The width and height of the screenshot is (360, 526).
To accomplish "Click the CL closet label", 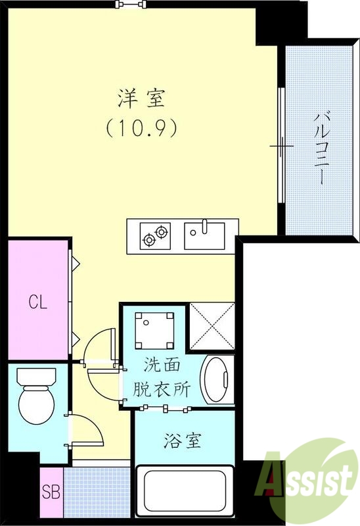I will pos(37,302).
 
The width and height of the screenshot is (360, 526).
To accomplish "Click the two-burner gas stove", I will pos(155,235).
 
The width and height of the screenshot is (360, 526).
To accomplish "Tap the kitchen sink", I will pos(204,235).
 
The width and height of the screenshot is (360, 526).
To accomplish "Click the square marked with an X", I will pos(212,325).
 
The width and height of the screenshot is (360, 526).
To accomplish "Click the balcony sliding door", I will pos(281,145).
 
